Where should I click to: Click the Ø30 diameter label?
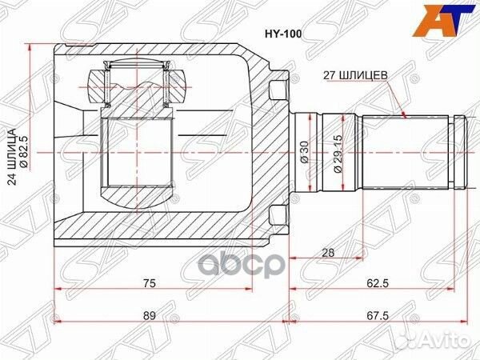[304, 151]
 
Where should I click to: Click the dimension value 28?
[327, 253]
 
